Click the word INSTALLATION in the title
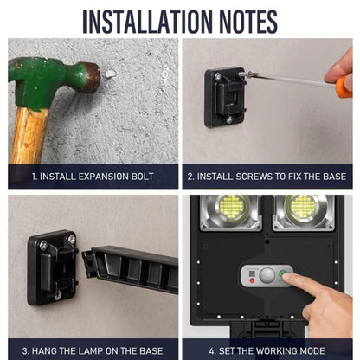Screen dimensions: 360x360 point(147,22)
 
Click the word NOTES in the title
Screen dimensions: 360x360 point(248,22)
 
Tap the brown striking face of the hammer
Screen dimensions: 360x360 point(93,78)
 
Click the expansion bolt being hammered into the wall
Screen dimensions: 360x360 point(110,74)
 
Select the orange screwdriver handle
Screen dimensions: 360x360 point(344,87)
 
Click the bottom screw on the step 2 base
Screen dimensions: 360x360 point(229,119)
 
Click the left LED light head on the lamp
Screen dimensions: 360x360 point(231,213)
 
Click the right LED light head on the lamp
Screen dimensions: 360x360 point(304,213)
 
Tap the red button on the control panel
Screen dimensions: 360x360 point(252,280)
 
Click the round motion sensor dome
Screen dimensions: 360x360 point(267,276)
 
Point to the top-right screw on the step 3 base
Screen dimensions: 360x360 point(71,239)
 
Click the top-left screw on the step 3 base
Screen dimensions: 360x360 point(43,245)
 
